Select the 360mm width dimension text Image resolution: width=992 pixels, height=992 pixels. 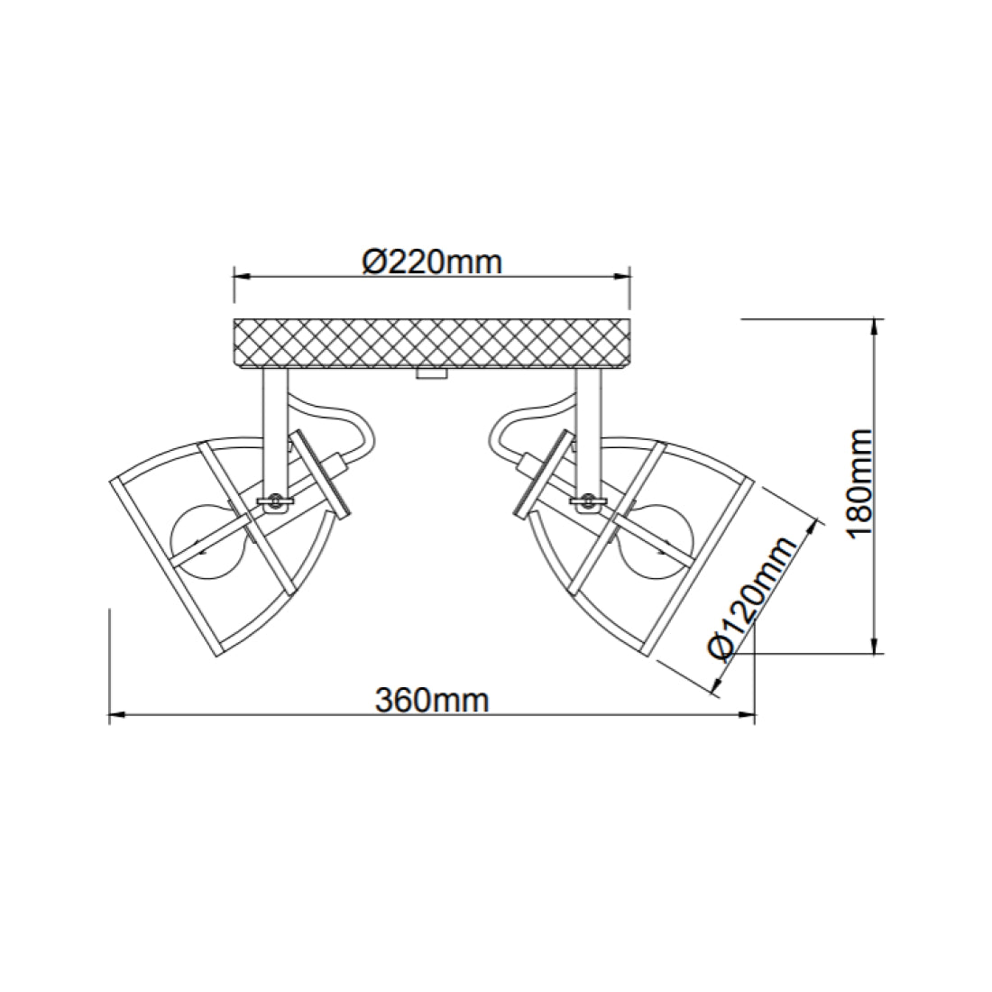coord(432,699)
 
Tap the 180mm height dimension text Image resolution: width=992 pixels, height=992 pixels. coord(860,483)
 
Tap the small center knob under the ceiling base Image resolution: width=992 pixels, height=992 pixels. coord(431,373)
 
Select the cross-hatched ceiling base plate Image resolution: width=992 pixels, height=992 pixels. coord(431,343)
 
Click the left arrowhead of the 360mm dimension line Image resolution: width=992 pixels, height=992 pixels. coord(115,717)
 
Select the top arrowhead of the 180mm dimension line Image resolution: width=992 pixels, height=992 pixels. coord(873,326)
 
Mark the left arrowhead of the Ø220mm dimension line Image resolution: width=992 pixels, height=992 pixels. coord(239,278)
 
